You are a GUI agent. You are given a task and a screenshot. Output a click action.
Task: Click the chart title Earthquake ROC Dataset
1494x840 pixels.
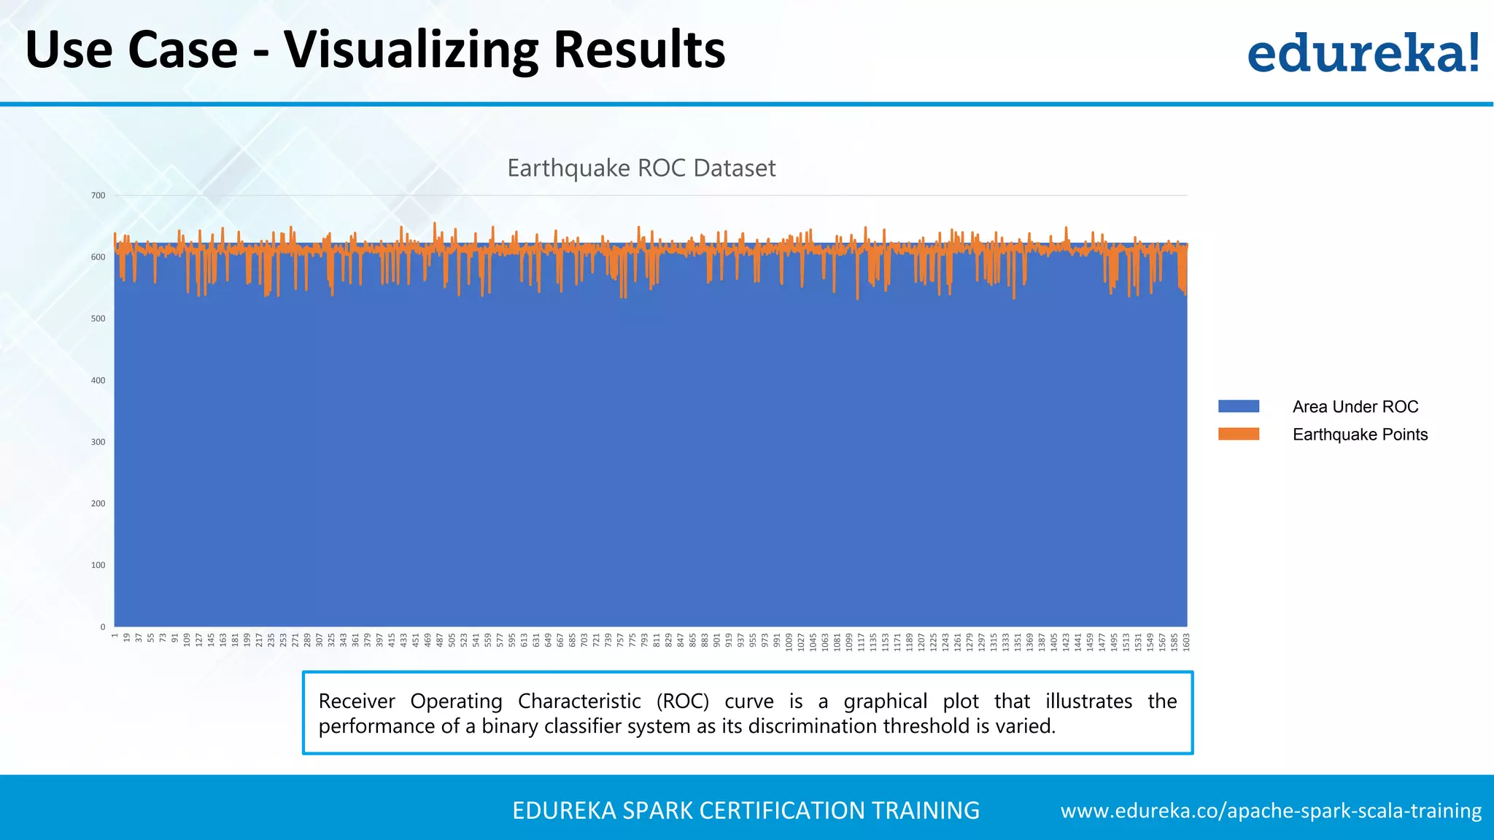[x=640, y=168]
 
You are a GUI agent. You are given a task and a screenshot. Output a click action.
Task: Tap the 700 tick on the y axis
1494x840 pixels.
[x=98, y=195]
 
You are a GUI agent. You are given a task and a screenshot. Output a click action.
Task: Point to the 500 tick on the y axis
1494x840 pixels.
[x=98, y=319]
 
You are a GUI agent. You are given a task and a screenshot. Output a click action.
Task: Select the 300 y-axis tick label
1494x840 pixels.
[x=98, y=442]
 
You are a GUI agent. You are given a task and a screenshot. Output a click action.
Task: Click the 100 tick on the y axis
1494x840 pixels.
[x=98, y=565]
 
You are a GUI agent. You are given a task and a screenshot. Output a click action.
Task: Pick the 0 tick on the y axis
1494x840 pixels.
[x=103, y=627]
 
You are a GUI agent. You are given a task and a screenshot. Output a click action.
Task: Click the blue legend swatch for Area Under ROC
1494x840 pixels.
[x=1238, y=406]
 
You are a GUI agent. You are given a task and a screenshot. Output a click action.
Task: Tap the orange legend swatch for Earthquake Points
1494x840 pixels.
[x=1238, y=434]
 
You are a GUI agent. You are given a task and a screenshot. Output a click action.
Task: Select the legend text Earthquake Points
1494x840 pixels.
[x=1360, y=435]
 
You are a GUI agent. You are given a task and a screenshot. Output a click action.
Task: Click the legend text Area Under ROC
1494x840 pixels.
[x=1355, y=407]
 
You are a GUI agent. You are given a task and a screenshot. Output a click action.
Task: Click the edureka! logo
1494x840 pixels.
[x=1363, y=52]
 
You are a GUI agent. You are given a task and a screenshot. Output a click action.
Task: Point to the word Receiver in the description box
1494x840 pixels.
[x=356, y=701]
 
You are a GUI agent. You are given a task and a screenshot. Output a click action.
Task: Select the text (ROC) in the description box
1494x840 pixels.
[x=682, y=701]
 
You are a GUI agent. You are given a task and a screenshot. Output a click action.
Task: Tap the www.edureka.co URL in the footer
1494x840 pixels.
[x=1270, y=811]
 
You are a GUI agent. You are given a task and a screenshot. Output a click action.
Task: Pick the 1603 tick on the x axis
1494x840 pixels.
[x=1186, y=642]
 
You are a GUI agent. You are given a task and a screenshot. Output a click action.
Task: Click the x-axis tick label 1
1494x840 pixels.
[x=115, y=636]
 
